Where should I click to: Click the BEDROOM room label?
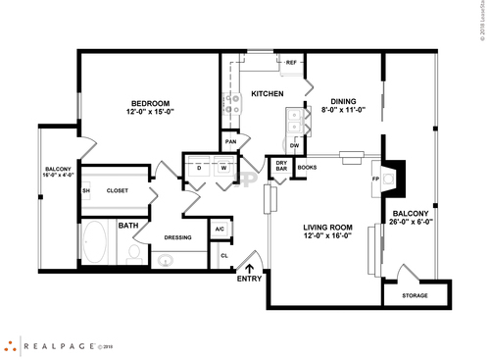(149, 104)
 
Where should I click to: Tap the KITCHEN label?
(268, 94)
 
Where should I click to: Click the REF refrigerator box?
(291, 63)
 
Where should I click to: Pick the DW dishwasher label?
(293, 145)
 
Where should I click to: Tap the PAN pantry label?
(231, 141)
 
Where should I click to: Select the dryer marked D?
(199, 168)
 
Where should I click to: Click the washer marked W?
(222, 168)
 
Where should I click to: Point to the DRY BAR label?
(281, 166)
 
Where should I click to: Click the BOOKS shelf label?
(307, 168)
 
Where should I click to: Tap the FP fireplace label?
(375, 180)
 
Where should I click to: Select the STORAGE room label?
(415, 293)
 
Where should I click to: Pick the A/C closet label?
(220, 230)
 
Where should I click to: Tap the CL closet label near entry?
(223, 256)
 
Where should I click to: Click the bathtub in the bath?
(97, 243)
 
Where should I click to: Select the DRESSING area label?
(177, 236)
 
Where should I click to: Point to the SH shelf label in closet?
(86, 190)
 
